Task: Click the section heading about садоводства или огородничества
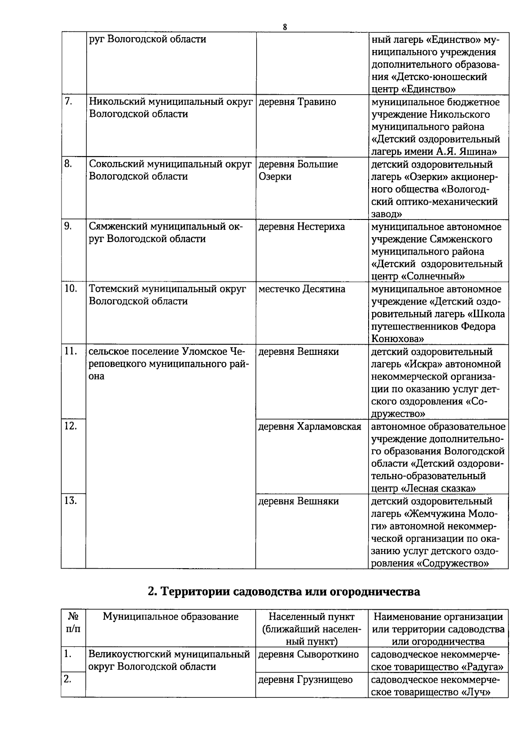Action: point(284,591)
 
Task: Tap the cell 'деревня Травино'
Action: point(297,102)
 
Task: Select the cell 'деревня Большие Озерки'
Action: point(298,170)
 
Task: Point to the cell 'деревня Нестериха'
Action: point(301,227)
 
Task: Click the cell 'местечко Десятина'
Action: point(302,289)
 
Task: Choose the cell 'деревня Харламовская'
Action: point(310,427)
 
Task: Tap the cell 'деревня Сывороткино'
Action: point(308,654)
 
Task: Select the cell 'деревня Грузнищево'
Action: point(305,679)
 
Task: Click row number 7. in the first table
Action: point(69,102)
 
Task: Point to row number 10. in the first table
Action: point(71,289)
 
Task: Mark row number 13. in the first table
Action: point(71,501)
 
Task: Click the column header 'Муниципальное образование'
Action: point(170,616)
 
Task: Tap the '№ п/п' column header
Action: point(73,623)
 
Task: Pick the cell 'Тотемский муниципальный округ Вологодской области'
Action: point(168,295)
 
